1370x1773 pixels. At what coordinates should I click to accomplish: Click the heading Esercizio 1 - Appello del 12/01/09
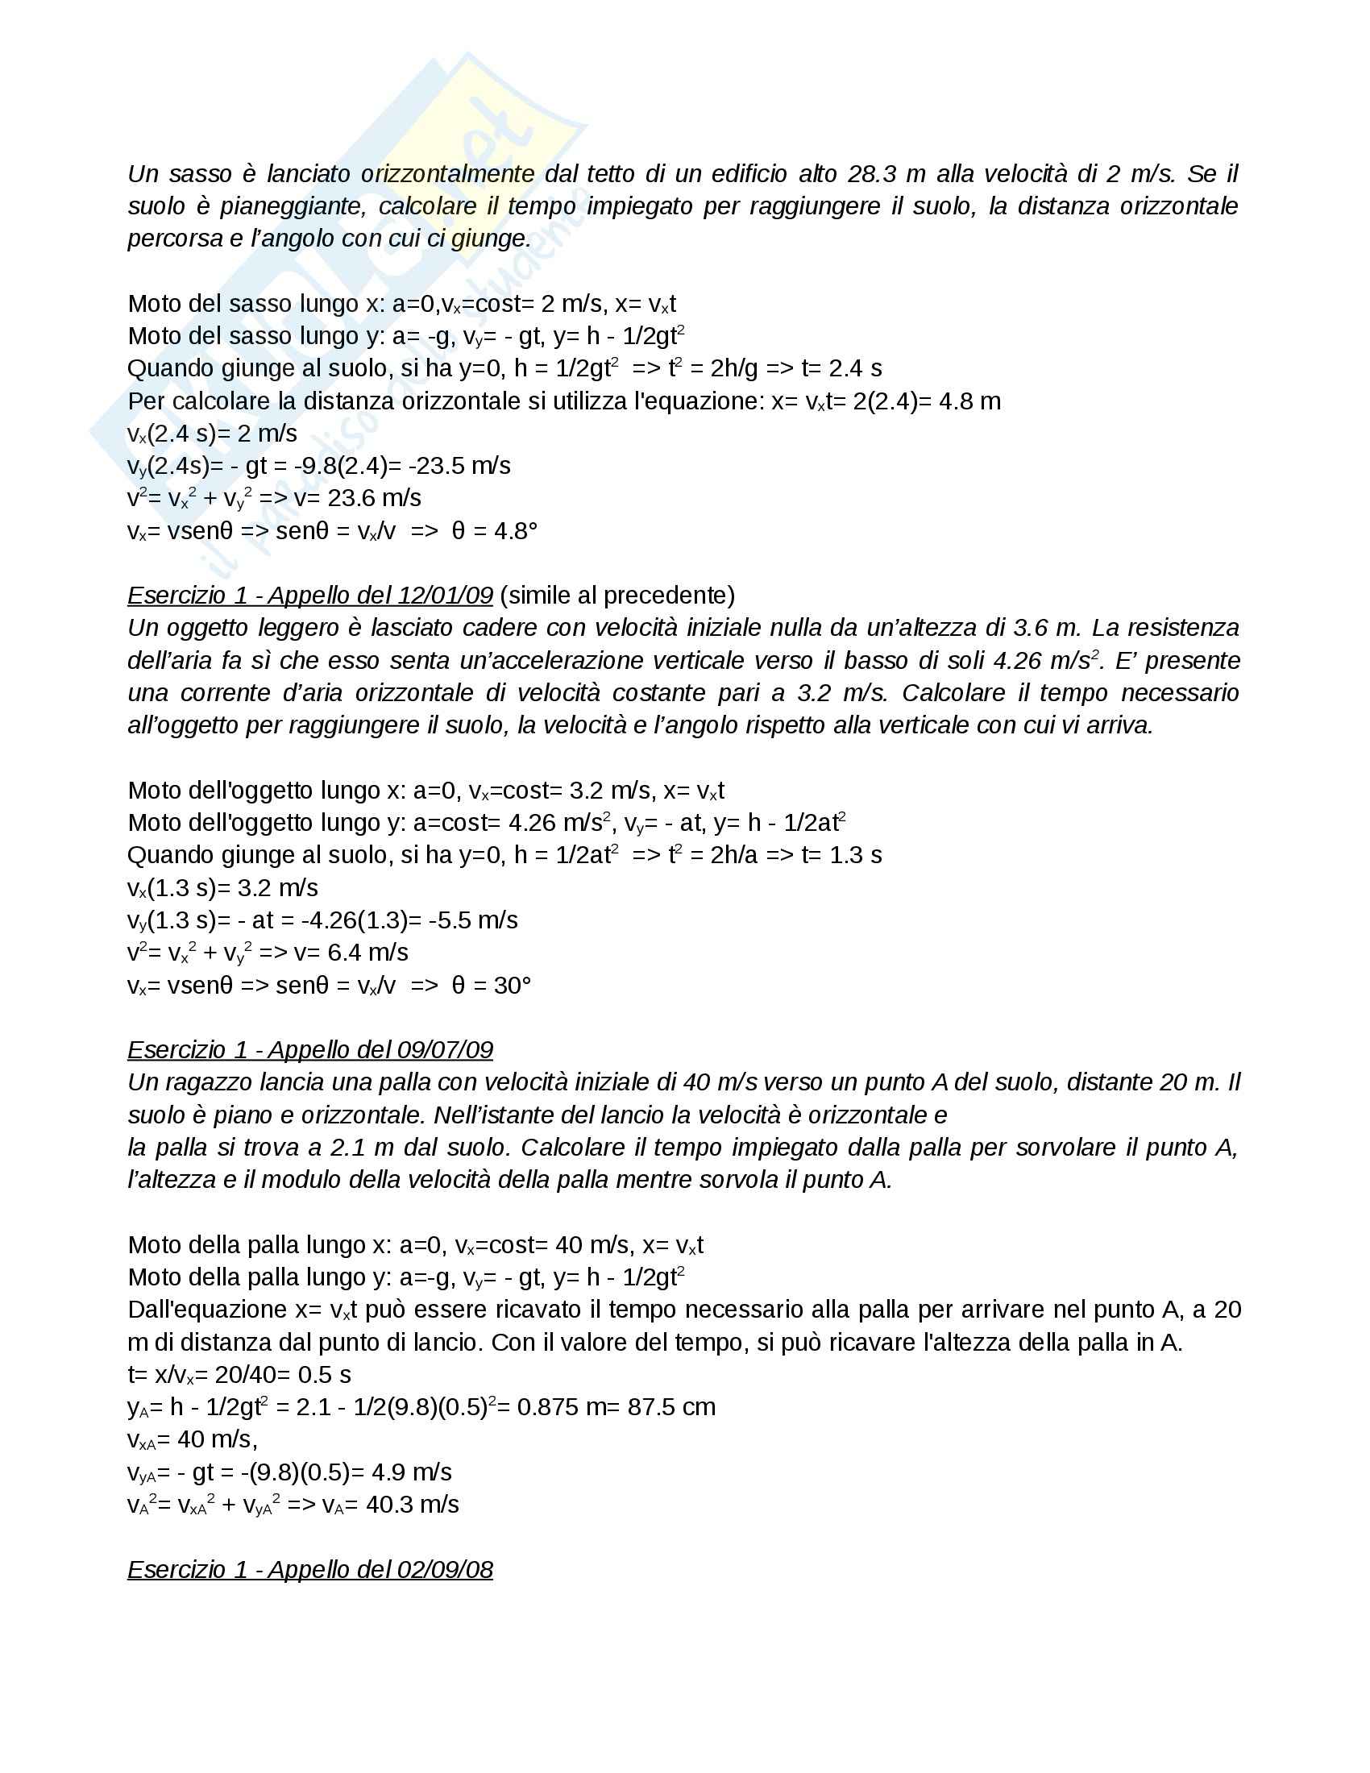click(x=310, y=596)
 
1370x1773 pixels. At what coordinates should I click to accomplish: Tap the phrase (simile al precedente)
click(x=616, y=596)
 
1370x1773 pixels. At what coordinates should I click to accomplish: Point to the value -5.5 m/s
click(x=467, y=920)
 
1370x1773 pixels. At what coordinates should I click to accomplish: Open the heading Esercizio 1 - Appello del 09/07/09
click(x=310, y=1050)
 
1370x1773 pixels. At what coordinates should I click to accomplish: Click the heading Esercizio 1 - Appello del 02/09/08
click(x=310, y=1570)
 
